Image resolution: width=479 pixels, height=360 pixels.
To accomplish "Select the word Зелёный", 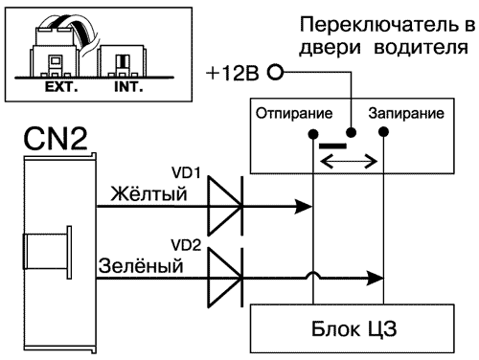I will click(141, 265).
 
